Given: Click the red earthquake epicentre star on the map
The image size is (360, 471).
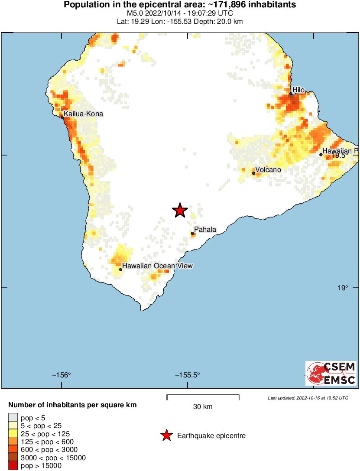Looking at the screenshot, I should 180,211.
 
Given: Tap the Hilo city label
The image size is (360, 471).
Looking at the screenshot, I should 299,90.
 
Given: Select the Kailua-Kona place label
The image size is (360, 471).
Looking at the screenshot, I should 84,114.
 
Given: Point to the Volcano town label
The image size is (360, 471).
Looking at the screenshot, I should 268,169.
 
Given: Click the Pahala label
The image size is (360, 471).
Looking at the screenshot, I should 205,229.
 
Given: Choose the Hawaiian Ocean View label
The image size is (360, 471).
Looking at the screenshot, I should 157,266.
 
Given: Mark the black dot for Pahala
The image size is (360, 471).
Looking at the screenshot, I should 192,234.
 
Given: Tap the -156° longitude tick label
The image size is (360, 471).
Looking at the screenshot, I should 62,375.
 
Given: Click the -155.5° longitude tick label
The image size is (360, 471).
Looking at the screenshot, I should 188,375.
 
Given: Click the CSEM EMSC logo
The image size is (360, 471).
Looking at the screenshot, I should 331,373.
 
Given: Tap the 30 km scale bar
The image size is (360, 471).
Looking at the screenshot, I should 203,396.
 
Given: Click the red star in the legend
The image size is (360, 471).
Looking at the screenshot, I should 166,435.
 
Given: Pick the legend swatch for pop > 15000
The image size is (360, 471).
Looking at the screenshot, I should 13,466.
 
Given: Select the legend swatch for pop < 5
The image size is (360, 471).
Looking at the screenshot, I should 13,417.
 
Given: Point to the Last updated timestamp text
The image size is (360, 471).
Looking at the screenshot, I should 308,398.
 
